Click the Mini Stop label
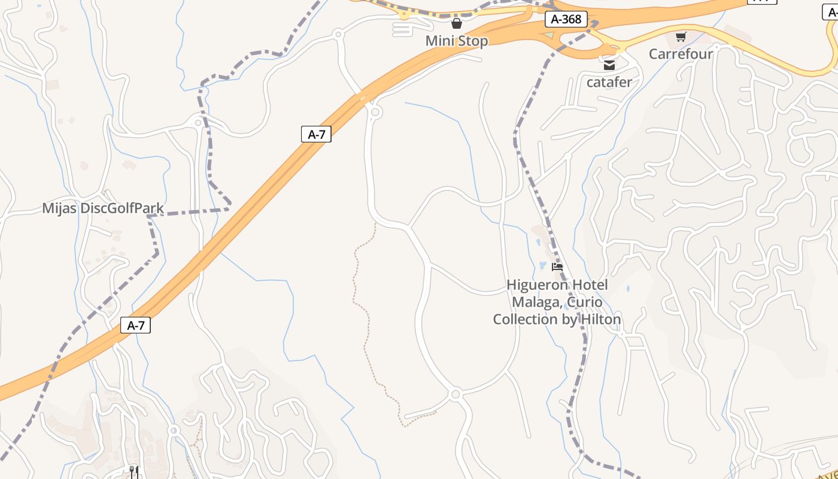point(457,41)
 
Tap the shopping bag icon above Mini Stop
point(457,23)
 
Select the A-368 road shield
point(566,19)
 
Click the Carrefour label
point(681,54)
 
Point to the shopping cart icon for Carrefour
point(681,37)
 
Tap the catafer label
point(609,82)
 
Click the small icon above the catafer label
point(609,65)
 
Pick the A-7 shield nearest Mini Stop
point(316,134)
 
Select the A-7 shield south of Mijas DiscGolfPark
point(136,325)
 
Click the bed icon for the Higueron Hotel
point(557,267)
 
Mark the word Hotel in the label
point(590,284)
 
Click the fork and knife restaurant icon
point(134,472)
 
